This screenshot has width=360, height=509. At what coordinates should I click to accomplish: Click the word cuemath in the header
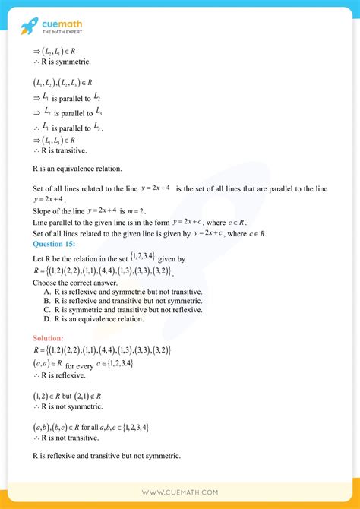(x=64, y=24)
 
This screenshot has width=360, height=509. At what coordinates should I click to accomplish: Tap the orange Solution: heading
(x=49, y=337)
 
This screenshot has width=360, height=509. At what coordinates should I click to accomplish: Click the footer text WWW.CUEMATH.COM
(x=180, y=492)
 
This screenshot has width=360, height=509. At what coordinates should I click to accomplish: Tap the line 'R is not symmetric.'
(x=65, y=406)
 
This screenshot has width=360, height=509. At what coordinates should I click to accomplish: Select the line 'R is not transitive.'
(x=65, y=438)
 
